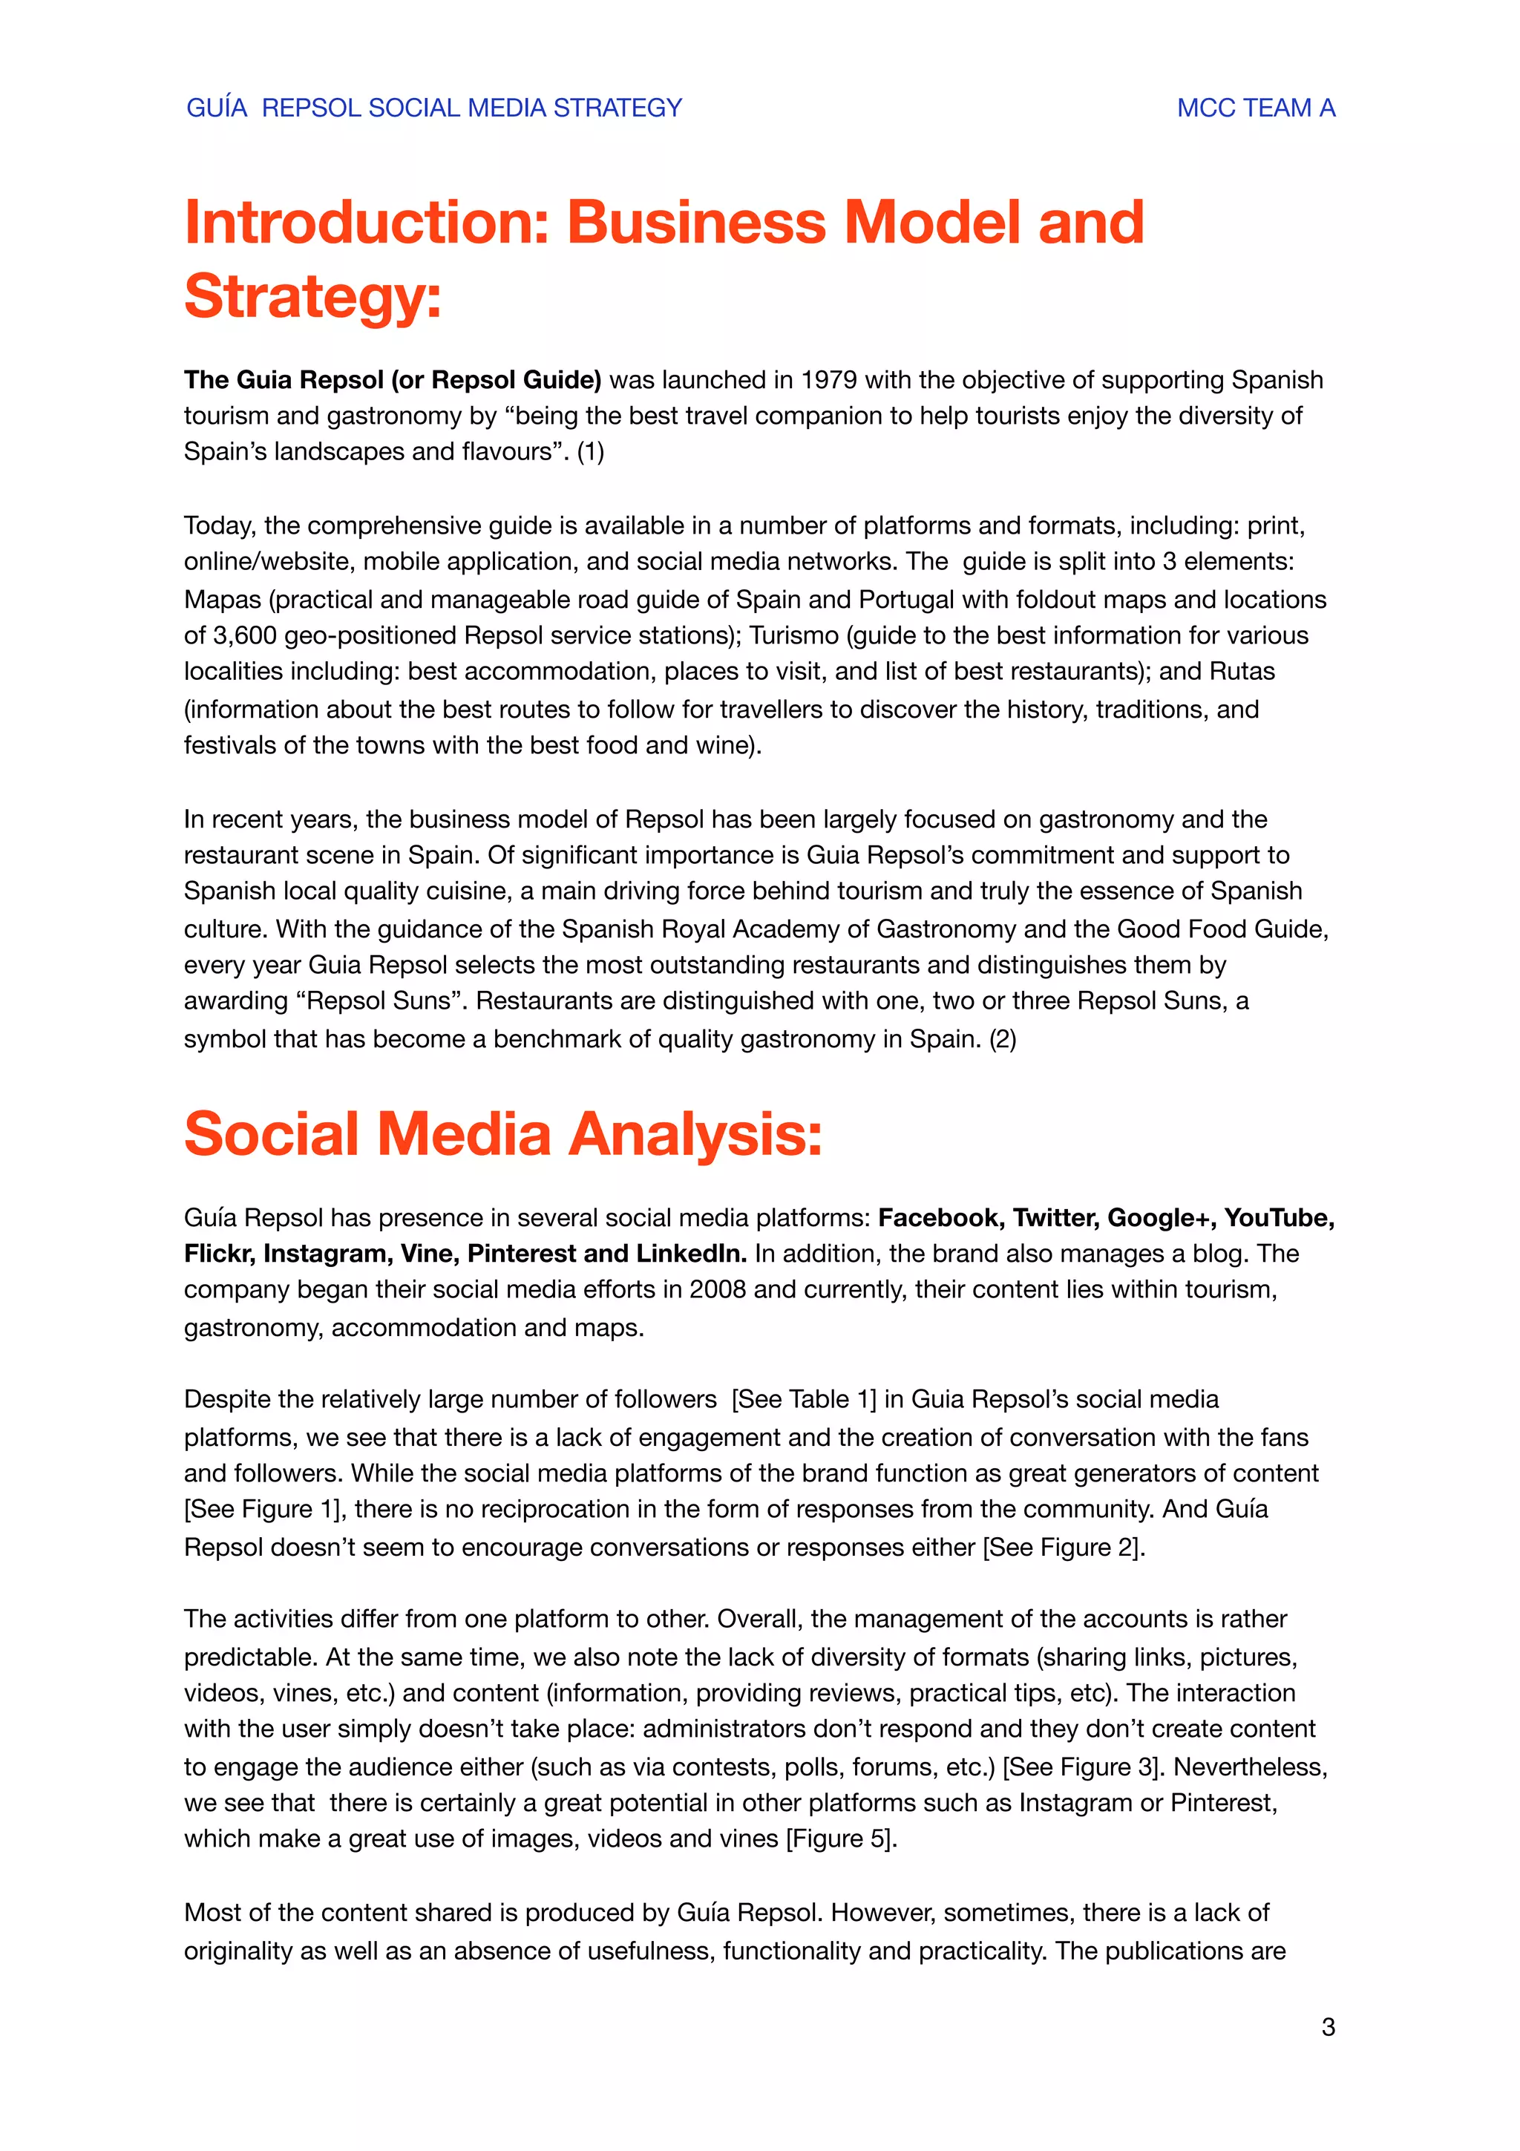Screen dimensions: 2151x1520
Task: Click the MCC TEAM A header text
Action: coord(1255,108)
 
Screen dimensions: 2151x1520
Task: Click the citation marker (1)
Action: coord(590,451)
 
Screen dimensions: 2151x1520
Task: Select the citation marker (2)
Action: coord(1002,1038)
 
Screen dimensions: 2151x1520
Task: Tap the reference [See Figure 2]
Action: coord(1062,1547)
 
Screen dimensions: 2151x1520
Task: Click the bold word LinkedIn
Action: coord(691,1254)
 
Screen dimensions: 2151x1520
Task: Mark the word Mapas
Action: coord(222,599)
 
